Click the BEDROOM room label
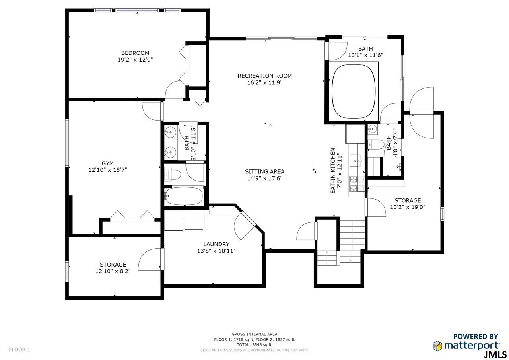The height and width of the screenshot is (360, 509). tap(135, 53)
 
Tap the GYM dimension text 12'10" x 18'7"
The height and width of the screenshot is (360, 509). tap(108, 170)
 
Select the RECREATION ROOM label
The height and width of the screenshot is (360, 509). tap(265, 76)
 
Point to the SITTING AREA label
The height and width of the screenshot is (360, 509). tap(265, 171)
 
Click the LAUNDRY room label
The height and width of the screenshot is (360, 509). tap(216, 244)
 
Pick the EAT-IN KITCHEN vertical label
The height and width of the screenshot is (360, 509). tap(333, 171)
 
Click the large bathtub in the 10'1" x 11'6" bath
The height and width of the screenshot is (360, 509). tap(354, 91)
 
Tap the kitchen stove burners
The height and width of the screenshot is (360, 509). tap(357, 184)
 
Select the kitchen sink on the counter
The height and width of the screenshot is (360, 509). tap(356, 161)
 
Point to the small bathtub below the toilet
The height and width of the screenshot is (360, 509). tap(184, 196)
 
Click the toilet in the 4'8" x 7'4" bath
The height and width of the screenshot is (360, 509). tap(376, 144)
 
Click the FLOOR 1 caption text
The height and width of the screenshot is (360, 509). tap(19, 350)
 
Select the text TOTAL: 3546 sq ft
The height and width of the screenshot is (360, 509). tap(254, 345)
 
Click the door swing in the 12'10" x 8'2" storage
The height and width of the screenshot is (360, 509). tap(150, 259)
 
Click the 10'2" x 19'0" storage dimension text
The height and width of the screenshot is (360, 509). tap(408, 207)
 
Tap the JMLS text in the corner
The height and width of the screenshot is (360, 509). tap(495, 355)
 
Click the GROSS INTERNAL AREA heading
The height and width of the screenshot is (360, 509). tap(254, 334)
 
